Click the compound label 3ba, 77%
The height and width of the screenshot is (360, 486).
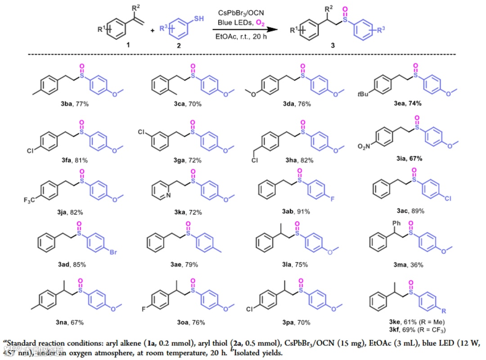point(69,104)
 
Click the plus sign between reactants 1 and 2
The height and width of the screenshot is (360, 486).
point(153,30)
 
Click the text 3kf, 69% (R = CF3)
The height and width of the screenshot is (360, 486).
point(414,330)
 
